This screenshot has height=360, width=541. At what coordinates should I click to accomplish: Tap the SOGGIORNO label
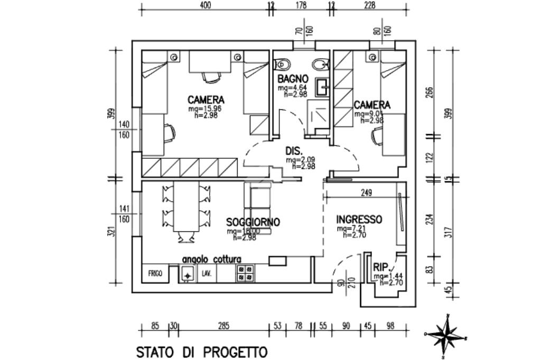pos(253,222)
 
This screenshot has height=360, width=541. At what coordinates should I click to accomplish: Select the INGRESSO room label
pos(359,220)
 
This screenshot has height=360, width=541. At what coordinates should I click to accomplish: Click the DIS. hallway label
pos(294,150)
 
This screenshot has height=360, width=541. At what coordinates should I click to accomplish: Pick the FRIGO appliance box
pos(155,274)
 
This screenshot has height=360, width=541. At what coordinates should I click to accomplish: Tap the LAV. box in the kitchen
pos(206,274)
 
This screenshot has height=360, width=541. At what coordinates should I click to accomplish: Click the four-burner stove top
pos(245,273)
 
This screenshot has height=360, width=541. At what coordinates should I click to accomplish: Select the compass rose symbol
pos(447,334)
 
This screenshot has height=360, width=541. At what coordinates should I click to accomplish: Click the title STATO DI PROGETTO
pos(202,352)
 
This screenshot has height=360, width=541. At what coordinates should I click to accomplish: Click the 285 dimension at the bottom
pos(223,326)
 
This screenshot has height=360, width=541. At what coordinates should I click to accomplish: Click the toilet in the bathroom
pos(283,64)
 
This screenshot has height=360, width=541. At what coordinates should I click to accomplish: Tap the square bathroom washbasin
pos(322,86)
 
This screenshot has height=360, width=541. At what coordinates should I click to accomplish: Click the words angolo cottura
pos(211,260)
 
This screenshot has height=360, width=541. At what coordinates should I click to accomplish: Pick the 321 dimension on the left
pos(110,231)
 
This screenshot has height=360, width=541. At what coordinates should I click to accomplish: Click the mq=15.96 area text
pos(205,109)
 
